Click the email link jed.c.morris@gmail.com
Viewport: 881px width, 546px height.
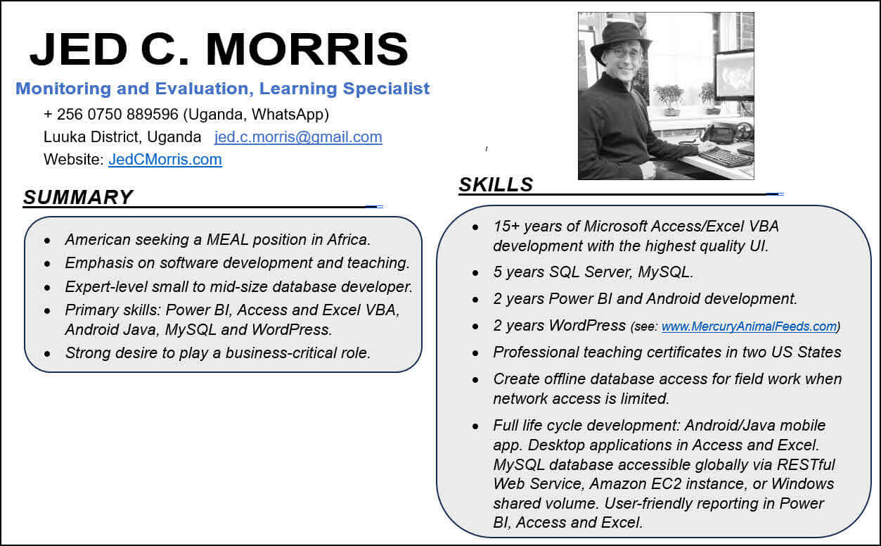[298, 137]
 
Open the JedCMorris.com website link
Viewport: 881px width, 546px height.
[165, 160]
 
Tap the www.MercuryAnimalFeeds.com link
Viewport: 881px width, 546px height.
[749, 326]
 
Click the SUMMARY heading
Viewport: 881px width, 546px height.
[78, 197]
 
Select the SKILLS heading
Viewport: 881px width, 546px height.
[496, 184]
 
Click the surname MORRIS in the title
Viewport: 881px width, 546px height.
[307, 49]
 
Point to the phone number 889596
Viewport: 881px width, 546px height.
[153, 114]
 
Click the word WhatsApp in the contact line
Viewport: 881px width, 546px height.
[288, 114]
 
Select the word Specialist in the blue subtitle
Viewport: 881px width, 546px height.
[386, 89]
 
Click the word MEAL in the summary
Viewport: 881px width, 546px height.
[227, 239]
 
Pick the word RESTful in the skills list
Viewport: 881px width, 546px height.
[806, 464]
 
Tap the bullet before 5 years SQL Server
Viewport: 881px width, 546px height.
[475, 273]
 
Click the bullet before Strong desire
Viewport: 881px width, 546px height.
[47, 354]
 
